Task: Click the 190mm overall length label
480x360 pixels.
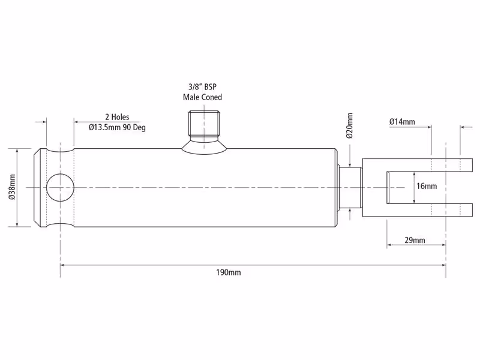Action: click(229, 272)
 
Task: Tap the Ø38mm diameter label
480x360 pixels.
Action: click(12, 187)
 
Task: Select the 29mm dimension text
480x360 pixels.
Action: click(415, 240)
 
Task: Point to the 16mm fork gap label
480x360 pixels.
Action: click(427, 186)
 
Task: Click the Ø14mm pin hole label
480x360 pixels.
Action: click(402, 122)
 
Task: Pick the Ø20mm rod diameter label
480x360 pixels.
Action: click(350, 125)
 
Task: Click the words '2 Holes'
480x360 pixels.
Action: click(117, 117)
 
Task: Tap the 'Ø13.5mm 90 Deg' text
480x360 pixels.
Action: click(117, 127)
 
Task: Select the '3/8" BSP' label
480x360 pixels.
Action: click(202, 86)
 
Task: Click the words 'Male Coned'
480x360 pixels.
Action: click(202, 97)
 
